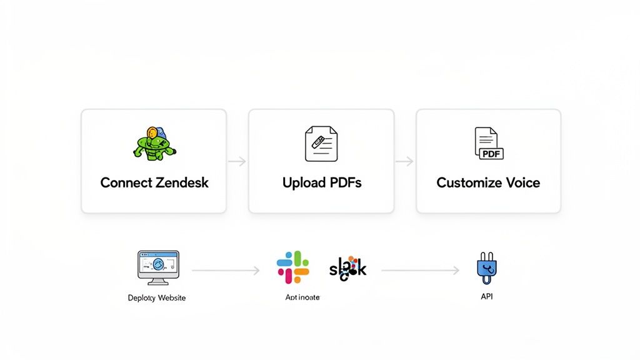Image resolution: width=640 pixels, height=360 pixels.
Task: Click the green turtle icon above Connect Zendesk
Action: point(154,143)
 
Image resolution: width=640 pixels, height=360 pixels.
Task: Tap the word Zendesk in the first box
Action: point(182,183)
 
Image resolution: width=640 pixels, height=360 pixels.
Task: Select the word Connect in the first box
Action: point(126,183)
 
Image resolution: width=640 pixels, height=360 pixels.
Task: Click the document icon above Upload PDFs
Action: point(321,144)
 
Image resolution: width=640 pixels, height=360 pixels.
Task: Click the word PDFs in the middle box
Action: point(343,183)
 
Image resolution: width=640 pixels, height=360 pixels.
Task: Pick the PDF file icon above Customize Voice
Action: point(488,143)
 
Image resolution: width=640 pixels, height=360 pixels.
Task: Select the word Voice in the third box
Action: point(524,183)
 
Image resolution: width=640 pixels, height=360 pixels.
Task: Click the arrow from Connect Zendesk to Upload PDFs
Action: point(237,161)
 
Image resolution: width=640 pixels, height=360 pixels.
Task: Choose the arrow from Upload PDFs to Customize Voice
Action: point(404,161)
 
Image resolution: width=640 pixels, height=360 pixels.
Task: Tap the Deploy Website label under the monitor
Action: point(157,297)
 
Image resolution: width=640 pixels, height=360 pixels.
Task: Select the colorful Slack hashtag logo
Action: point(292,267)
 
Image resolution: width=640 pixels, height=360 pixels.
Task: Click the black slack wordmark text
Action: point(347,268)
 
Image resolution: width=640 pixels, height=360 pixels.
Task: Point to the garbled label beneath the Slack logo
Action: point(302,297)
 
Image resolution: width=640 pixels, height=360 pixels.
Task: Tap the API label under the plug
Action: point(487,296)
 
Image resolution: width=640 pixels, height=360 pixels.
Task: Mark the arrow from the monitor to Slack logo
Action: point(226,271)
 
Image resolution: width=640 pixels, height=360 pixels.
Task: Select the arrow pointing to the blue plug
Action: point(420,271)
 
